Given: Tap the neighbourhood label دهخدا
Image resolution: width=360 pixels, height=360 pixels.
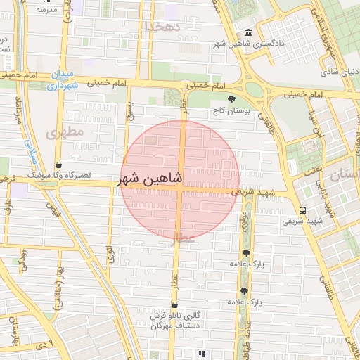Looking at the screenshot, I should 162,26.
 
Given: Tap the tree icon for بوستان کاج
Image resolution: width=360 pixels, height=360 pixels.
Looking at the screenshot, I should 233,99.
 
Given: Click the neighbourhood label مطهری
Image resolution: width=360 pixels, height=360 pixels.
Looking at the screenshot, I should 65,131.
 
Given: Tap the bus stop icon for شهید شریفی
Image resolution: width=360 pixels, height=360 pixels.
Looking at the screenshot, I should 302,210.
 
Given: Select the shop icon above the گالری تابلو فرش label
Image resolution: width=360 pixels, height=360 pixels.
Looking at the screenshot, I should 174,304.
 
